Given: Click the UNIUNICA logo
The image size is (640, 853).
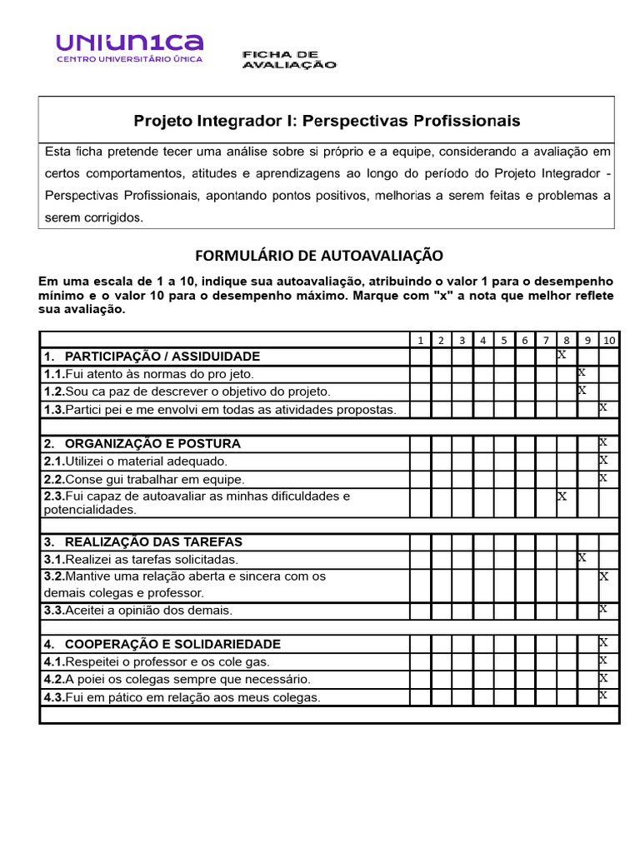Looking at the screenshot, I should click(129, 48).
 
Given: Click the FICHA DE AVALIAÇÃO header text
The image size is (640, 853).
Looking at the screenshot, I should click(288, 59).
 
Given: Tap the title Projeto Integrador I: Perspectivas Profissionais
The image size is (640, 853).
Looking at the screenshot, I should click(327, 121).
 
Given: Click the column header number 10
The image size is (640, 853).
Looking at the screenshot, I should click(608, 340).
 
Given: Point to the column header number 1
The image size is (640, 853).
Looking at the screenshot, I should click(420, 340).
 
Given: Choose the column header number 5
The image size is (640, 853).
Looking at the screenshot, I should click(504, 340).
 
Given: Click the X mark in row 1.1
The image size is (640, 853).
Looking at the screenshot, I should click(582, 372).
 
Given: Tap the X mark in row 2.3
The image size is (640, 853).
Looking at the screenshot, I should click(562, 496).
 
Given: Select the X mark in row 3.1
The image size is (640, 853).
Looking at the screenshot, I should click(582, 556).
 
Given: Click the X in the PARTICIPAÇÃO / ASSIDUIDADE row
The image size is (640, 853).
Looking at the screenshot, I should click(562, 354).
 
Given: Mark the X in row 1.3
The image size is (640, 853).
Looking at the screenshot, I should click(603, 407).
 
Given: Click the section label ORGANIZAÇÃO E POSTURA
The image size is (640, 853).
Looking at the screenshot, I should click(152, 443).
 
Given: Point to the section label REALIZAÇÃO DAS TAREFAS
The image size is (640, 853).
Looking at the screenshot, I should click(153, 541).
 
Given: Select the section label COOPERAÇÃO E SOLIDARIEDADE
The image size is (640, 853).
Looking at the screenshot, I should click(172, 644).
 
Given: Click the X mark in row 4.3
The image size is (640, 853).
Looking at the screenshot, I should click(603, 695).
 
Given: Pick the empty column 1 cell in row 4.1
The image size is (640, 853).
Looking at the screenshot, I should click(420, 662).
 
